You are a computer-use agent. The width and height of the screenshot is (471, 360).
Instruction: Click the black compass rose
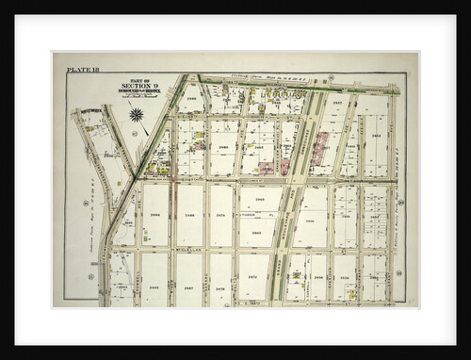137,115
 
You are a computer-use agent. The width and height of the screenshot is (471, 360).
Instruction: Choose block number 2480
223,147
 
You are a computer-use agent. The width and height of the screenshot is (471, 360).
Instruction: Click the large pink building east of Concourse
321,148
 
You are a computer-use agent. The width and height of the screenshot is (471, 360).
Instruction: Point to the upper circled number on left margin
86,203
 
